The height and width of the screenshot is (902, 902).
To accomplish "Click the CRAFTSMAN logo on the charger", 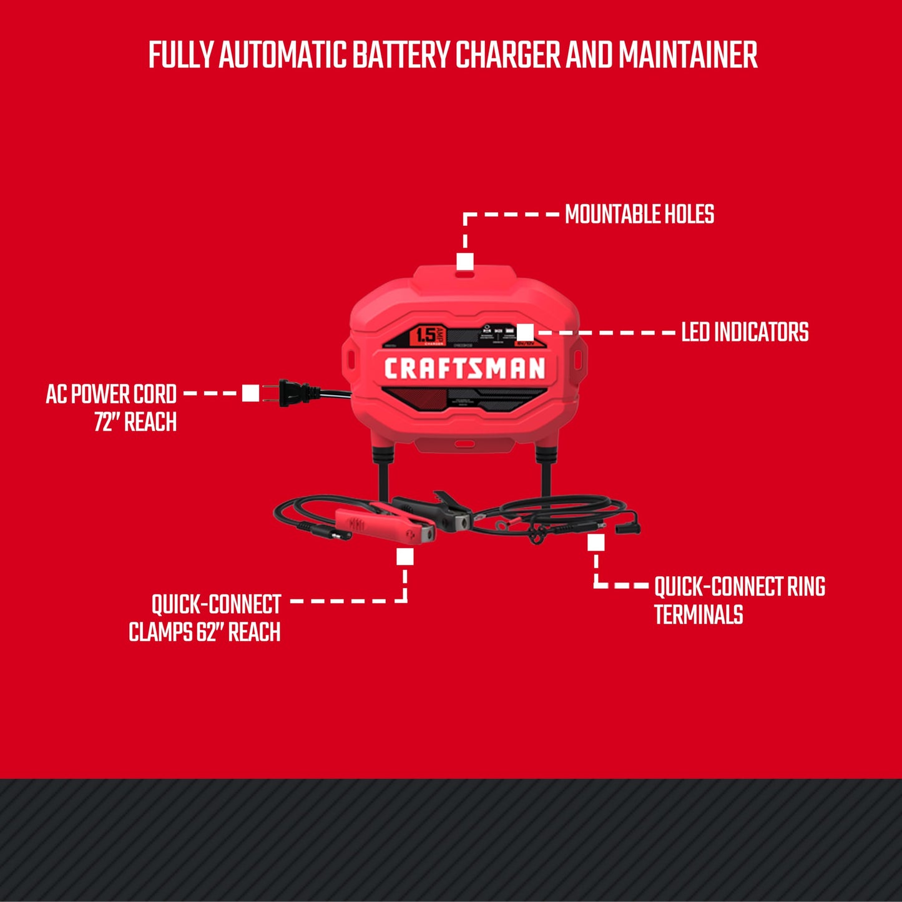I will click(464, 368).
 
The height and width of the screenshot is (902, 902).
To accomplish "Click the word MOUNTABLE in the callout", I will click(612, 214).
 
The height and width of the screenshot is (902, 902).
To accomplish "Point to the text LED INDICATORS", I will click(745, 332).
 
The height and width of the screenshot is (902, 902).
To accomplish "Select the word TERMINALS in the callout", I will click(699, 615).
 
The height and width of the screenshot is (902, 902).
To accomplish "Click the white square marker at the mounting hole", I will click(464, 261).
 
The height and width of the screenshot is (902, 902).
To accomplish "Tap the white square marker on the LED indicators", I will click(525, 332).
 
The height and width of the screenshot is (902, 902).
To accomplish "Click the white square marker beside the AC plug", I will click(250, 393).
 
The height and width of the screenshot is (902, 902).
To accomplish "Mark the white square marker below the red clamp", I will click(404, 556).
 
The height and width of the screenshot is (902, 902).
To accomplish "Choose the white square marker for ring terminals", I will click(596, 543).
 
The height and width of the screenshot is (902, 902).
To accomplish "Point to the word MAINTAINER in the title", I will click(688, 55).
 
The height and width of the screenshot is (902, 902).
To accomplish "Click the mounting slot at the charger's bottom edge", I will click(463, 444).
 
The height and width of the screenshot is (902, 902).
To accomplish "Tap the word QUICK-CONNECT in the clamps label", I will click(216, 604).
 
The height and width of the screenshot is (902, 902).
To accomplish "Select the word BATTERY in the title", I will click(401, 55).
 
